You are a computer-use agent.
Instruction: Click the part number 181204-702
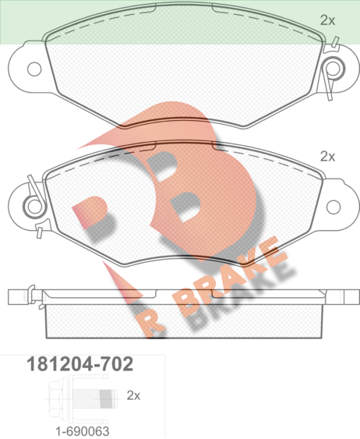pyautogui.click(x=79, y=364)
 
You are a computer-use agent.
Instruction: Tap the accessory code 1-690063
pyautogui.click(x=83, y=431)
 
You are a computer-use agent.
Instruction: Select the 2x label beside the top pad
pyautogui.click(x=327, y=20)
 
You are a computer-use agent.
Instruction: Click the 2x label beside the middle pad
pyautogui.click(x=327, y=157)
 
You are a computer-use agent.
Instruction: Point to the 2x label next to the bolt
pyautogui.click(x=133, y=395)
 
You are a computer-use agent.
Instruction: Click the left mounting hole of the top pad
pyautogui.click(x=34, y=69)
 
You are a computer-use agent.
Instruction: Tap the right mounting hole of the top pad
pyautogui.click(x=333, y=69)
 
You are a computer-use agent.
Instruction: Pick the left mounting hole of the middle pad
pyautogui.click(x=34, y=207)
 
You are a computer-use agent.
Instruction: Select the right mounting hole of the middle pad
pyautogui.click(x=334, y=207)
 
